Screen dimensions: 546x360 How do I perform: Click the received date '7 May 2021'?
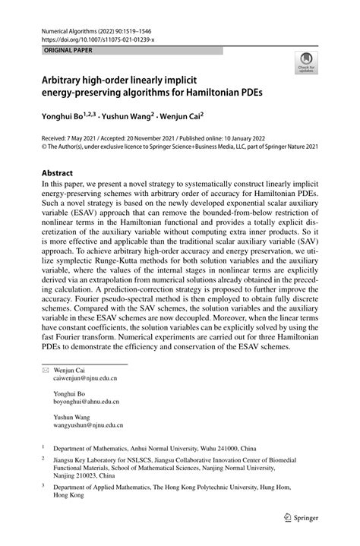coord(81,140)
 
